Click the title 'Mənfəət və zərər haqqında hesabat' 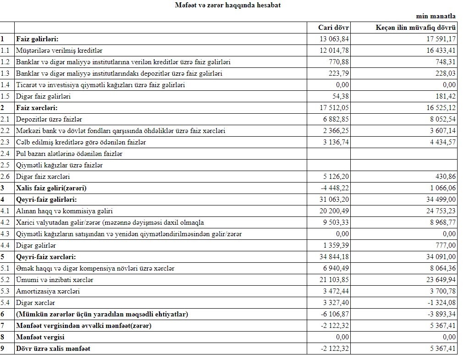pyautogui.click(x=228, y=6)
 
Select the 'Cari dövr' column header pyautogui.click(x=333, y=28)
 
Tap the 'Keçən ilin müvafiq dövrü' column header pyautogui.click(x=416, y=28)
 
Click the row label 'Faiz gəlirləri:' pyautogui.click(x=37, y=39)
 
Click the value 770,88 pyautogui.click(x=339, y=62)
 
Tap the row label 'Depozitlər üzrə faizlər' pyautogui.click(x=49, y=119)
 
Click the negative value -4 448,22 pyautogui.click(x=333, y=188)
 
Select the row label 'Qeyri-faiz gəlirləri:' pyautogui.click(x=46, y=199)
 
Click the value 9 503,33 pyautogui.click(x=335, y=222)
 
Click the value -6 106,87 pyautogui.click(x=333, y=314)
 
